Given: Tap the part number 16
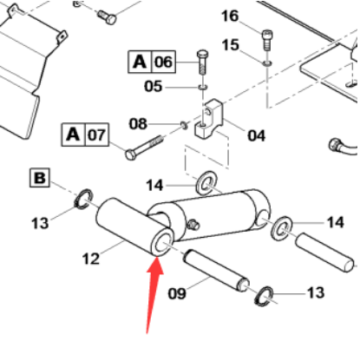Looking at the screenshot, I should [x=230, y=16].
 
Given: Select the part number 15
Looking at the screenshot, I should [x=230, y=44].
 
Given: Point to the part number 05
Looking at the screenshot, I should [x=153, y=86].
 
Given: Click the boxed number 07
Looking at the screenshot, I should [x=96, y=135].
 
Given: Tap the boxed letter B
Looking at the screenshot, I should [x=40, y=179].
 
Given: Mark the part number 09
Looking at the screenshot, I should [x=177, y=293].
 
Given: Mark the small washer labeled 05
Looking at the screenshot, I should [x=200, y=87].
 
